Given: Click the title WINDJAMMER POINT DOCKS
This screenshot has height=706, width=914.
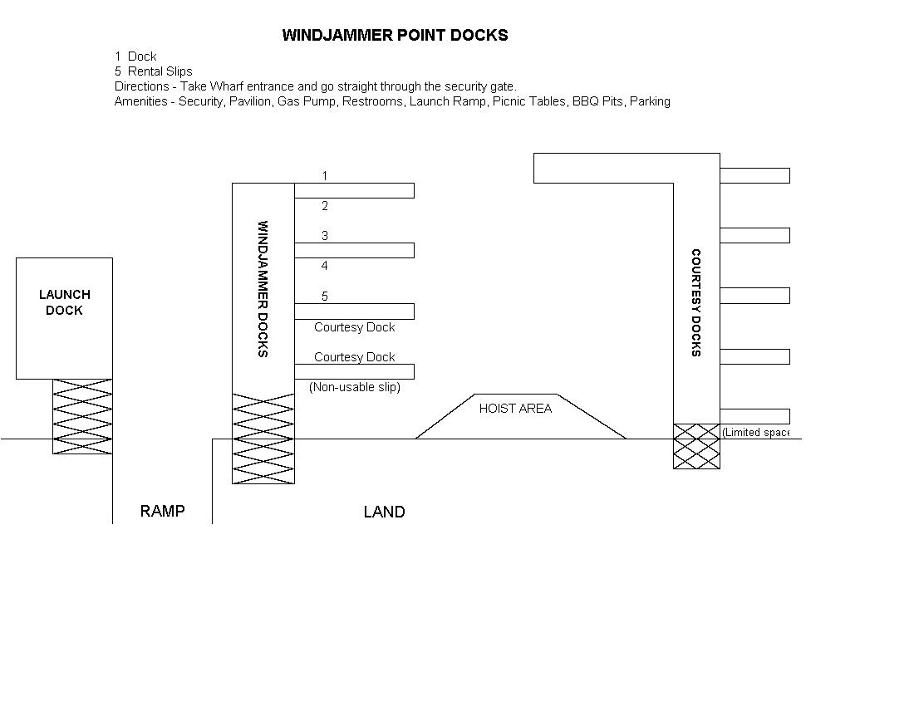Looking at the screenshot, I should click(x=395, y=35).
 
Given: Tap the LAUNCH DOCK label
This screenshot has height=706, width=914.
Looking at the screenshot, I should click(x=64, y=302).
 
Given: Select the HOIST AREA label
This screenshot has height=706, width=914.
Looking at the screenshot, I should click(x=515, y=408).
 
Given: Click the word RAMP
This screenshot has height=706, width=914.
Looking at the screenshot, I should click(x=162, y=511).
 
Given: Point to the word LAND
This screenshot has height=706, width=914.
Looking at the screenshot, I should click(x=384, y=512).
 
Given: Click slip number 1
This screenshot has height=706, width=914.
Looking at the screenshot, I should click(x=325, y=176).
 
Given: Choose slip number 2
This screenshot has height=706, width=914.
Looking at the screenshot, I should click(x=325, y=206).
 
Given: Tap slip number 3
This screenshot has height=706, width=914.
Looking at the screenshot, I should click(x=325, y=236).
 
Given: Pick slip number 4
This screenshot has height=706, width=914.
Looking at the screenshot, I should click(x=325, y=266).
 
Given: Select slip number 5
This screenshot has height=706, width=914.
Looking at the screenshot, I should click(x=325, y=297).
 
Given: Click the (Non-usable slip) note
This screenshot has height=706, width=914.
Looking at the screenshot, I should click(x=355, y=387).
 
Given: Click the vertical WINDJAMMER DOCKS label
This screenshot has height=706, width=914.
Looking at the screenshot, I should click(x=263, y=288).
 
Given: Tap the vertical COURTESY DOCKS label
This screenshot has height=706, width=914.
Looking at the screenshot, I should click(x=696, y=302).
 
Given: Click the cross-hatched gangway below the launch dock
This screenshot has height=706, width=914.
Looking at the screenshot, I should click(x=82, y=416).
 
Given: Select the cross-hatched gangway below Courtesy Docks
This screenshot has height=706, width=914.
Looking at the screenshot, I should click(x=696, y=446).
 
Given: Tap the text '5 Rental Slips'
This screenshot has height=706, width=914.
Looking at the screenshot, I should click(x=154, y=71).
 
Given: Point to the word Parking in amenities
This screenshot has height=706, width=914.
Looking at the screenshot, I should click(x=650, y=101).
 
